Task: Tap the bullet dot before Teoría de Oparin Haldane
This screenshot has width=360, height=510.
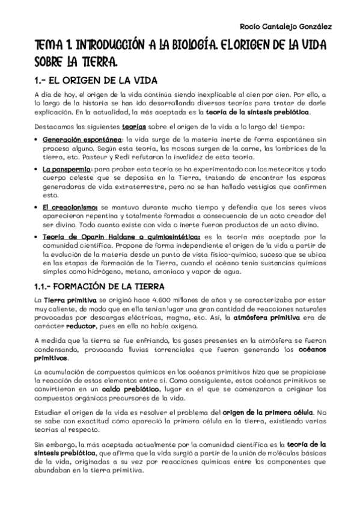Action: pos(38,238)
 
